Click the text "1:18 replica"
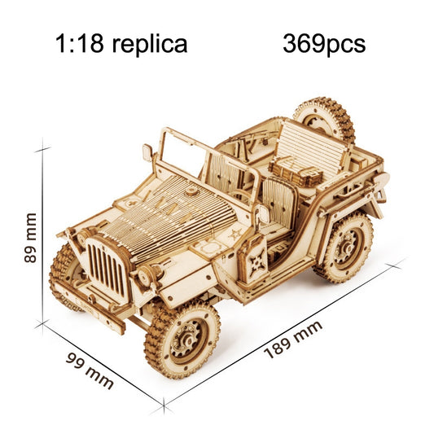click(x=121, y=43)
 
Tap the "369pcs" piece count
click(x=324, y=43)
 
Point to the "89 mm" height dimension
click(x=30, y=238)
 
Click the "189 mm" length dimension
click(x=293, y=340)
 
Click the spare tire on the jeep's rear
click(x=324, y=120)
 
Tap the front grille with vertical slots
click(x=107, y=265)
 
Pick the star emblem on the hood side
click(x=235, y=235)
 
